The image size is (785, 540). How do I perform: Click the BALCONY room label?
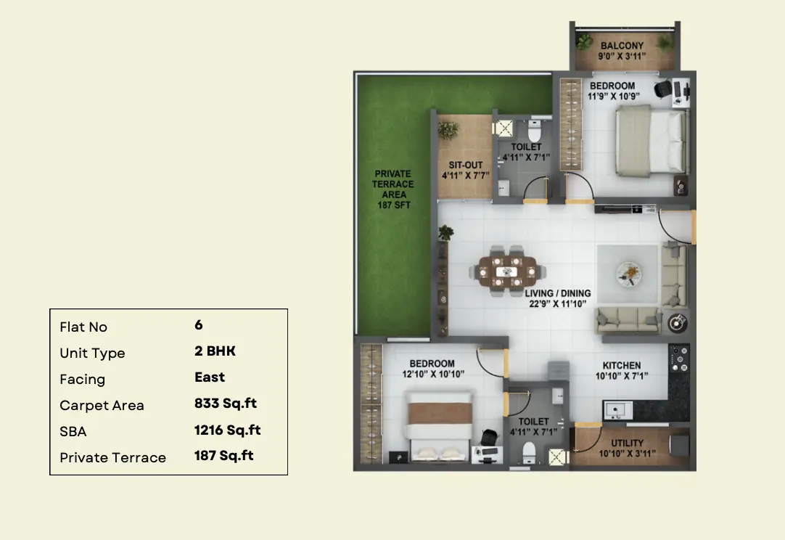tap(622, 46)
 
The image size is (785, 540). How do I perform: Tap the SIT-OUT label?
tap(466, 165)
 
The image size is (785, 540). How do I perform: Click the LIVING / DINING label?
tap(558, 293)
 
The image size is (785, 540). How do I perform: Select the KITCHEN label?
tap(621, 366)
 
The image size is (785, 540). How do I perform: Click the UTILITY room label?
tap(628, 443)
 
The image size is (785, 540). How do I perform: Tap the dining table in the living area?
tap(507, 271)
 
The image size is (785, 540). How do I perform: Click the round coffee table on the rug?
tap(628, 274)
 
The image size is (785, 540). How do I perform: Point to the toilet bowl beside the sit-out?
tap(535, 131)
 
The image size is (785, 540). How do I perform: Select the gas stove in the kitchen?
tap(679, 359)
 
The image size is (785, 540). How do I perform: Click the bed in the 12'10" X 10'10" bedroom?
tap(439, 425)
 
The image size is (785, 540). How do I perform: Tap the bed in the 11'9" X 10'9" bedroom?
tap(652, 142)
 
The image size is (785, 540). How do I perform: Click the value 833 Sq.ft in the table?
tap(226, 404)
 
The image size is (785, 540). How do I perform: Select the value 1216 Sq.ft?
tap(227, 430)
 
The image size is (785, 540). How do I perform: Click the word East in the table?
tap(210, 377)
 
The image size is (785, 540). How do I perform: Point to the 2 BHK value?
tap(215, 351)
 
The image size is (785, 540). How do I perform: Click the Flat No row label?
tap(83, 327)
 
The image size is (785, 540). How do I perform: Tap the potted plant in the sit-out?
tap(448, 130)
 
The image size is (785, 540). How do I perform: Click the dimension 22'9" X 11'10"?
tap(558, 303)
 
